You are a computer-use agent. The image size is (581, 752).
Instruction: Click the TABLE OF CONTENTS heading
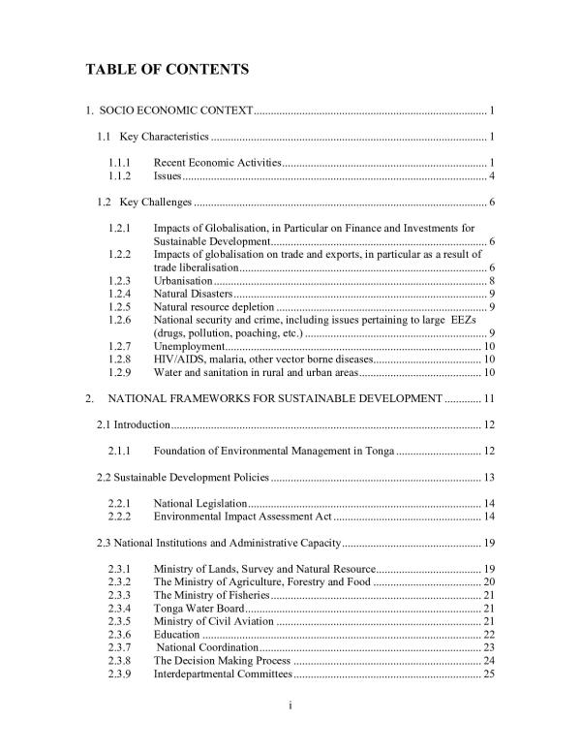[x=168, y=69]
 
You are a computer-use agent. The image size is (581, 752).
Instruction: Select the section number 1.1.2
[x=121, y=175]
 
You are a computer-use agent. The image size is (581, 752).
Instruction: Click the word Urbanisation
[x=183, y=280]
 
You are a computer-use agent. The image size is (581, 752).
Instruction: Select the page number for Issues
[x=493, y=175]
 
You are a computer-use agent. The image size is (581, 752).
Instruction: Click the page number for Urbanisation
[x=493, y=280]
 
